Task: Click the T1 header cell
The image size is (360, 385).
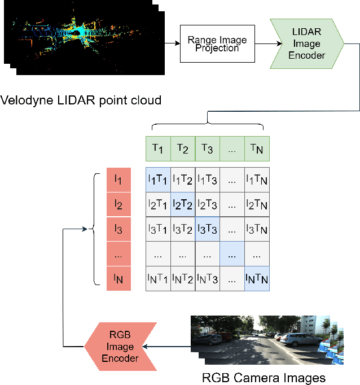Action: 157,149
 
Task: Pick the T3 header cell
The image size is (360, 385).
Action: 207,149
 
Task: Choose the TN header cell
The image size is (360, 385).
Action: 257,149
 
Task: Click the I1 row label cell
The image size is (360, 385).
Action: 118,180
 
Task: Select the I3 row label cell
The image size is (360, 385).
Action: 118,229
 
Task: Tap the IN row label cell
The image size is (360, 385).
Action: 118,278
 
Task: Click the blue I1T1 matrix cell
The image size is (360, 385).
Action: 158,180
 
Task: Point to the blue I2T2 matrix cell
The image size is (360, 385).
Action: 182,204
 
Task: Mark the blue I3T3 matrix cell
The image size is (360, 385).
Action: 207,229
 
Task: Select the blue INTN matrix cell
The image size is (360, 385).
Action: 257,278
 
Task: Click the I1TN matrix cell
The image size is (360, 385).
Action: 257,180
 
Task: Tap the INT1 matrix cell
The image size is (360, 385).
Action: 158,278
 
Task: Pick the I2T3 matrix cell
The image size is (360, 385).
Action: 207,204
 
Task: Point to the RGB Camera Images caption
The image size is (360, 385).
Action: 264,377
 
